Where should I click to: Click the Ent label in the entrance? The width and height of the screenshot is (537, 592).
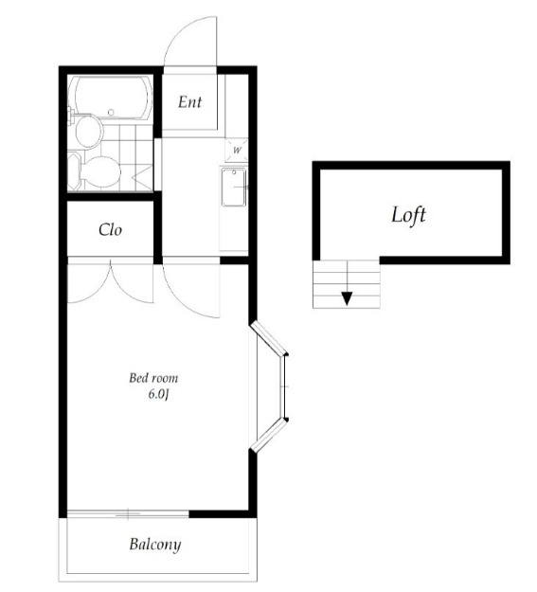click(190, 102)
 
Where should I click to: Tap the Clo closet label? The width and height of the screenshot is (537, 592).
click(110, 229)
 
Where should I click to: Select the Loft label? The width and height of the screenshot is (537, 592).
click(408, 215)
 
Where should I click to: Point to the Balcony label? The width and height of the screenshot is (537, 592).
click(154, 545)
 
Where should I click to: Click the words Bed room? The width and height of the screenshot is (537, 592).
click(153, 378)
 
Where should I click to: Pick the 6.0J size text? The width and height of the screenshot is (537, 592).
click(158, 395)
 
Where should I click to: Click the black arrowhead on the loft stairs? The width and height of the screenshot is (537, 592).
click(347, 298)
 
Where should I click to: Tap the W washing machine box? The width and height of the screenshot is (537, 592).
click(237, 150)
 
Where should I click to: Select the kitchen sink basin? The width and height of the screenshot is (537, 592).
click(234, 188)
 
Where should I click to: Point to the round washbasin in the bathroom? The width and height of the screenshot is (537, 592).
click(89, 131)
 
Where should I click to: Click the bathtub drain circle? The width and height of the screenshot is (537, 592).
click(111, 112)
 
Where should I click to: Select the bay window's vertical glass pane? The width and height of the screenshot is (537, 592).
click(283, 386)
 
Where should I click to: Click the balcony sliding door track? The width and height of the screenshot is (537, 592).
click(128, 513)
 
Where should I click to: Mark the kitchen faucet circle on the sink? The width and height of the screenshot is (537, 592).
click(234, 172)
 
